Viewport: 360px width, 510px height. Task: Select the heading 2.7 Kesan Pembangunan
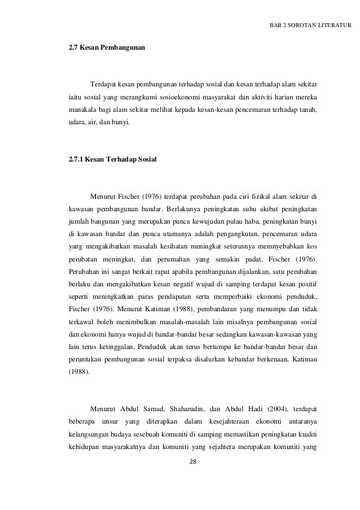(106, 49)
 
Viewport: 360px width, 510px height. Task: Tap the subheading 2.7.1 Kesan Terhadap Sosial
(113, 160)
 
